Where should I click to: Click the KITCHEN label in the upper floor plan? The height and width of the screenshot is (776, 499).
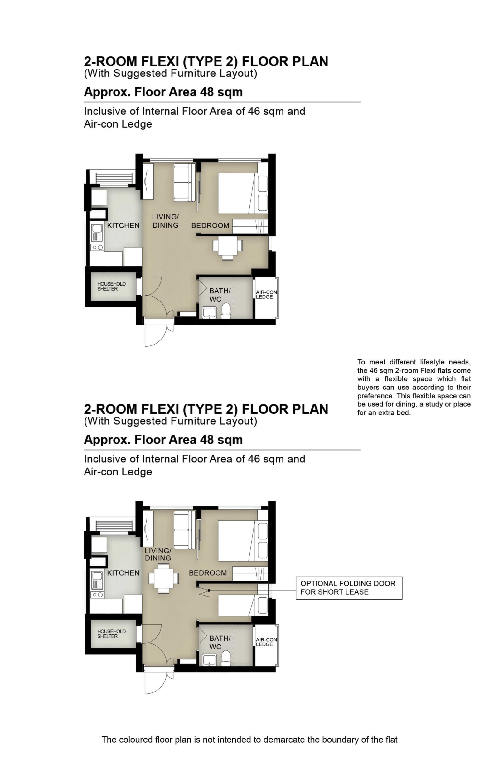(123, 225)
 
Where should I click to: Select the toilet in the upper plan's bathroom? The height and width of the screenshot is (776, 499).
(226, 311)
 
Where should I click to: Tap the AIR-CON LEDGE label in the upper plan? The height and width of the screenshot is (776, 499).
(266, 294)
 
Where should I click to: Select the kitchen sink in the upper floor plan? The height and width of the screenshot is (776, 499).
(97, 233)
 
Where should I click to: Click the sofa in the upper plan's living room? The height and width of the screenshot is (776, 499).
(184, 182)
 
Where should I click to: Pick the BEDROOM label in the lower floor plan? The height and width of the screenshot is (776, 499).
(208, 573)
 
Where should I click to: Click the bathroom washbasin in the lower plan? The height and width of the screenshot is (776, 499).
(209, 660)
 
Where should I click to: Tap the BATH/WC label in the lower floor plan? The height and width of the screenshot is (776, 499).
(220, 643)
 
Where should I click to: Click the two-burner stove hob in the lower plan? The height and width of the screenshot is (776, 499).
(97, 595)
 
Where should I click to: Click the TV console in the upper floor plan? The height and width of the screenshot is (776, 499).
(148, 181)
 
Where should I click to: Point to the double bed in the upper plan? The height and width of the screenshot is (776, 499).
(243, 193)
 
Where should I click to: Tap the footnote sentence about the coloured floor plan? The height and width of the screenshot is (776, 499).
(249, 740)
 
